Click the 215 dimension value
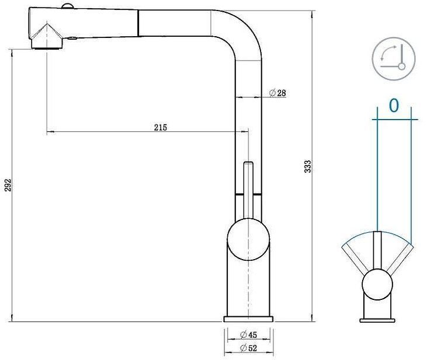161,128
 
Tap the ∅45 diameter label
249,334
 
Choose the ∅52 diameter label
249,348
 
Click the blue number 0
394,106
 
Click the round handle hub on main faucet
248,241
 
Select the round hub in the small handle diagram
378,285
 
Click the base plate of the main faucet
248,319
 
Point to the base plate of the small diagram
378,320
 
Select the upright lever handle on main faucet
248,190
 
